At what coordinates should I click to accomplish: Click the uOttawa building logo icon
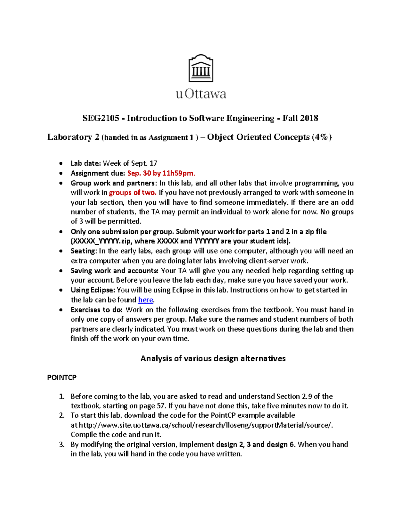[x=201, y=68]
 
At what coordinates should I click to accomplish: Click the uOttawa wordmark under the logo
[x=201, y=94]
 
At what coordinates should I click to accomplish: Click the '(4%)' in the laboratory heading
[x=321, y=137]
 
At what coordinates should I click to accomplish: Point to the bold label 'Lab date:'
[x=86, y=163]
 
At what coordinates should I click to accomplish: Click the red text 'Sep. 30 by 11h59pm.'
[x=161, y=173]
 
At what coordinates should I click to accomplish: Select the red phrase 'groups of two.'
[x=133, y=192]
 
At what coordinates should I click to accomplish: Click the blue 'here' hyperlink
[x=146, y=300]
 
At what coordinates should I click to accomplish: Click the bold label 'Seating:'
[x=84, y=251]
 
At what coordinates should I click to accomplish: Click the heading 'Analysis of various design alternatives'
[x=213, y=359]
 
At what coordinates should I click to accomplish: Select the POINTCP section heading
[x=62, y=377]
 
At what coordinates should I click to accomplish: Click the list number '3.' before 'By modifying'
[x=61, y=444]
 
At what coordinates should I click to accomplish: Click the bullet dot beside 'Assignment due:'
[x=60, y=173]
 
